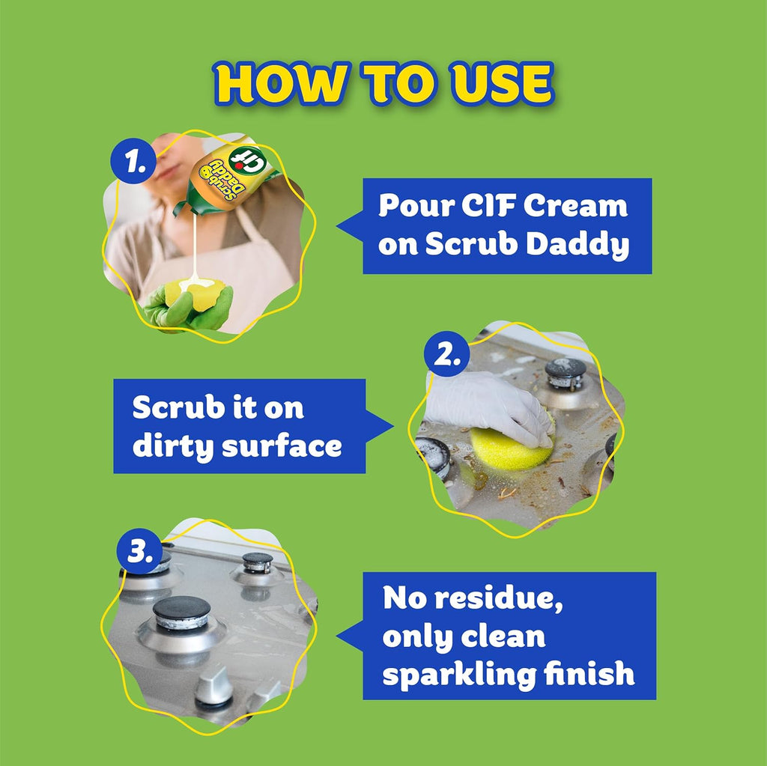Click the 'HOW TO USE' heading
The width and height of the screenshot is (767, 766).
pyautogui.click(x=383, y=84)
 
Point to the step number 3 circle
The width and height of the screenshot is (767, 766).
pyautogui.click(x=141, y=552)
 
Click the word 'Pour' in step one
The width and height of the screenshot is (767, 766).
pyautogui.click(x=410, y=206)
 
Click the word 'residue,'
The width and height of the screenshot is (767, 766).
pyautogui.click(x=509, y=599)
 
